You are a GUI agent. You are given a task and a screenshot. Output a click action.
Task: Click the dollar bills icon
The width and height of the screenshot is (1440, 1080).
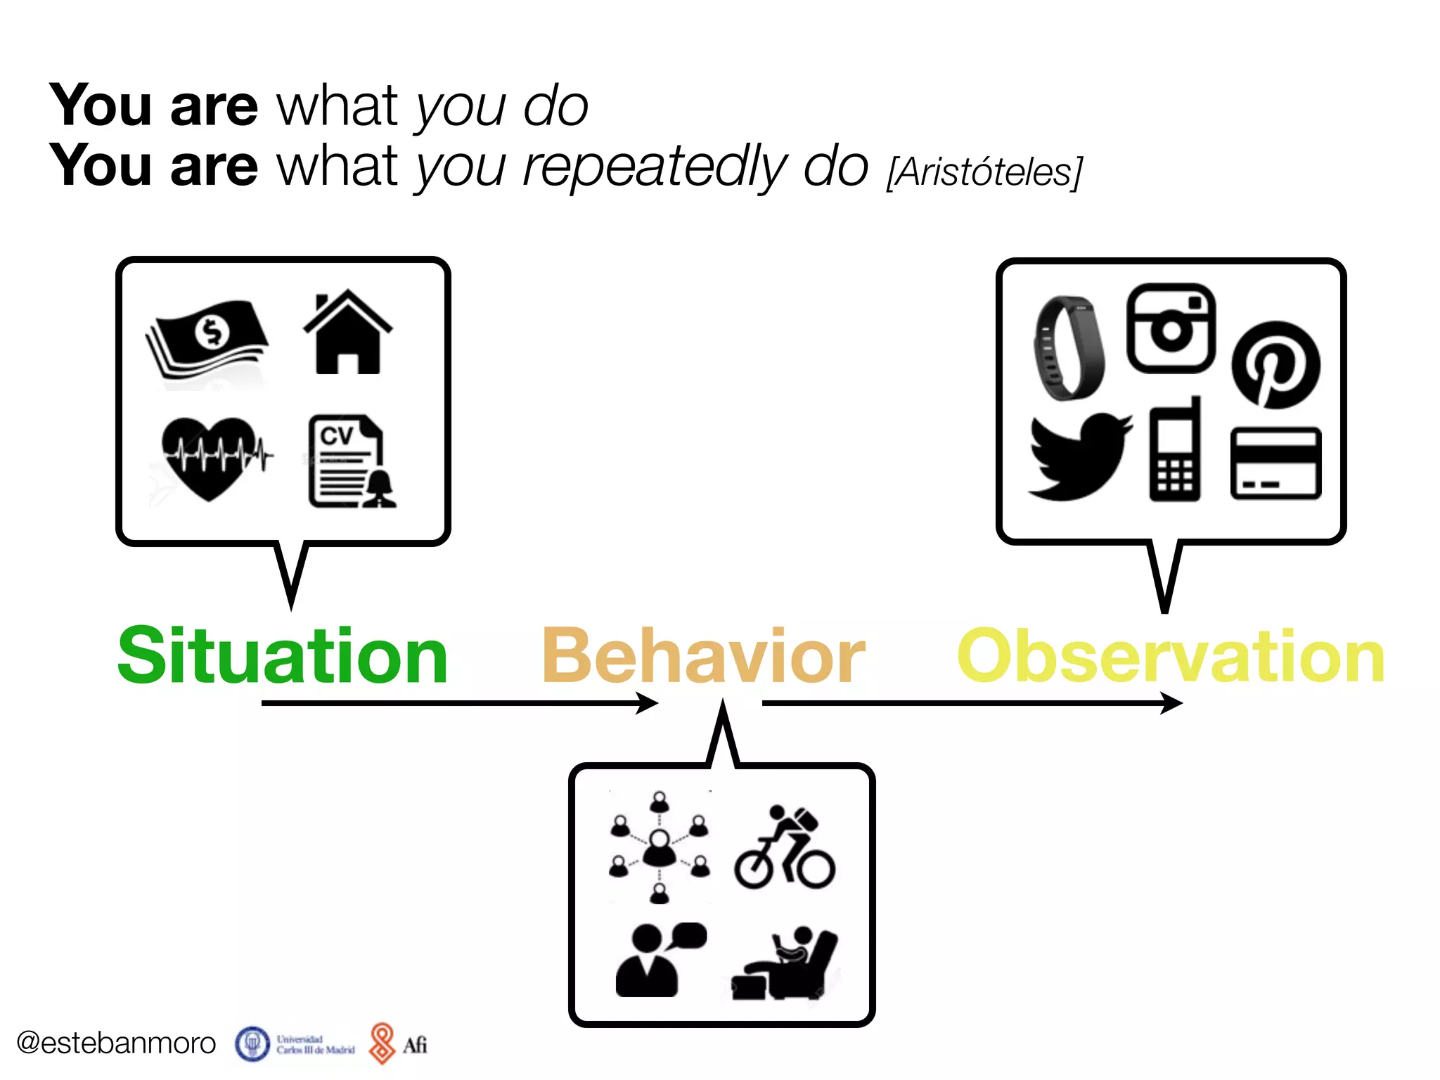(207, 337)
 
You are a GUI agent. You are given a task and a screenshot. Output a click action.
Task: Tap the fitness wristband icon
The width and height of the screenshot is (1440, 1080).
(1067, 348)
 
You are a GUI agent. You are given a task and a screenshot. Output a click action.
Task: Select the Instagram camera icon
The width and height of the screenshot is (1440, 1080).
(1171, 328)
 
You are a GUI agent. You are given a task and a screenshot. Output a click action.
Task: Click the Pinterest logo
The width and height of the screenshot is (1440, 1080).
(1275, 364)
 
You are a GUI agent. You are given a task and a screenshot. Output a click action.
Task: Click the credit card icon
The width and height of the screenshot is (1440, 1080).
(1275, 463)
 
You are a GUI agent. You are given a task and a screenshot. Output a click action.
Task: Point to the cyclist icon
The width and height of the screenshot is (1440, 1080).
(785, 849)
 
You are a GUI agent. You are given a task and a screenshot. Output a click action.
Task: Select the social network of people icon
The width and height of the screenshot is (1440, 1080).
(659, 847)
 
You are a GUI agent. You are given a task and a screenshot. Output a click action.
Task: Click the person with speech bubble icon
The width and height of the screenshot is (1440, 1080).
(657, 960)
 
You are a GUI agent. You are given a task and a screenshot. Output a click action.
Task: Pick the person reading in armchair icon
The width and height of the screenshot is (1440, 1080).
(784, 963)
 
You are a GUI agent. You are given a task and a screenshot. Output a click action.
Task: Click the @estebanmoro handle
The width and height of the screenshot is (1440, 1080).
(116, 1043)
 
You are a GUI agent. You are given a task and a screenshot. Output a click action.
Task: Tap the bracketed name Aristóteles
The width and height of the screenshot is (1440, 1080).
(984, 172)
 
